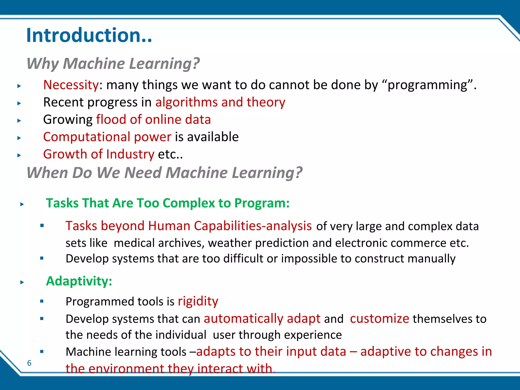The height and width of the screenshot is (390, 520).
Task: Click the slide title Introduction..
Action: (x=89, y=35)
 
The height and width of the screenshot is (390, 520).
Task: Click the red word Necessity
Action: (x=71, y=85)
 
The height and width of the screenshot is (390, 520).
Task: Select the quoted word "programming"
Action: (x=428, y=85)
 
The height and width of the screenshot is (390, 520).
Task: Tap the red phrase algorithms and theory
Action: (x=220, y=102)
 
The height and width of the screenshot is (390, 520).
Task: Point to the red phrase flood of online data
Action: (x=153, y=120)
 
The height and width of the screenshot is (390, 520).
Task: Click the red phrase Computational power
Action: (x=107, y=137)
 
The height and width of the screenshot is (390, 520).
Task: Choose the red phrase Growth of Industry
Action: (x=99, y=154)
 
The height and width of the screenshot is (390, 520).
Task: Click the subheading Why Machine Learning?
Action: (x=113, y=63)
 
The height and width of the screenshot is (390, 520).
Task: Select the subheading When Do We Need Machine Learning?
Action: (x=165, y=173)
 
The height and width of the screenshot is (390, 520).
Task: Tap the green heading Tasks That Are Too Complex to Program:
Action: (x=168, y=203)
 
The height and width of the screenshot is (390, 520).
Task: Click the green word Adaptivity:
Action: (x=79, y=281)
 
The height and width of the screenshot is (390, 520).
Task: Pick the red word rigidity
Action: (x=198, y=301)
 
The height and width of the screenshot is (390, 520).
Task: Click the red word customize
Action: (x=379, y=319)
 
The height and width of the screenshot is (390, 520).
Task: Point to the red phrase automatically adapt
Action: (x=262, y=319)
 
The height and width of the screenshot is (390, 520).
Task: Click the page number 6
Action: (x=29, y=363)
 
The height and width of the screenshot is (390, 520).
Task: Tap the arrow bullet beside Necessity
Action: (x=19, y=86)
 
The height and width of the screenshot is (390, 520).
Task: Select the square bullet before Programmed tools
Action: (x=42, y=301)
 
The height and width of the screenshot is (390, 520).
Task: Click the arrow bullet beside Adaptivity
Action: (x=22, y=282)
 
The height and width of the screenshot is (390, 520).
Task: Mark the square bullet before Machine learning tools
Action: (x=42, y=352)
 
